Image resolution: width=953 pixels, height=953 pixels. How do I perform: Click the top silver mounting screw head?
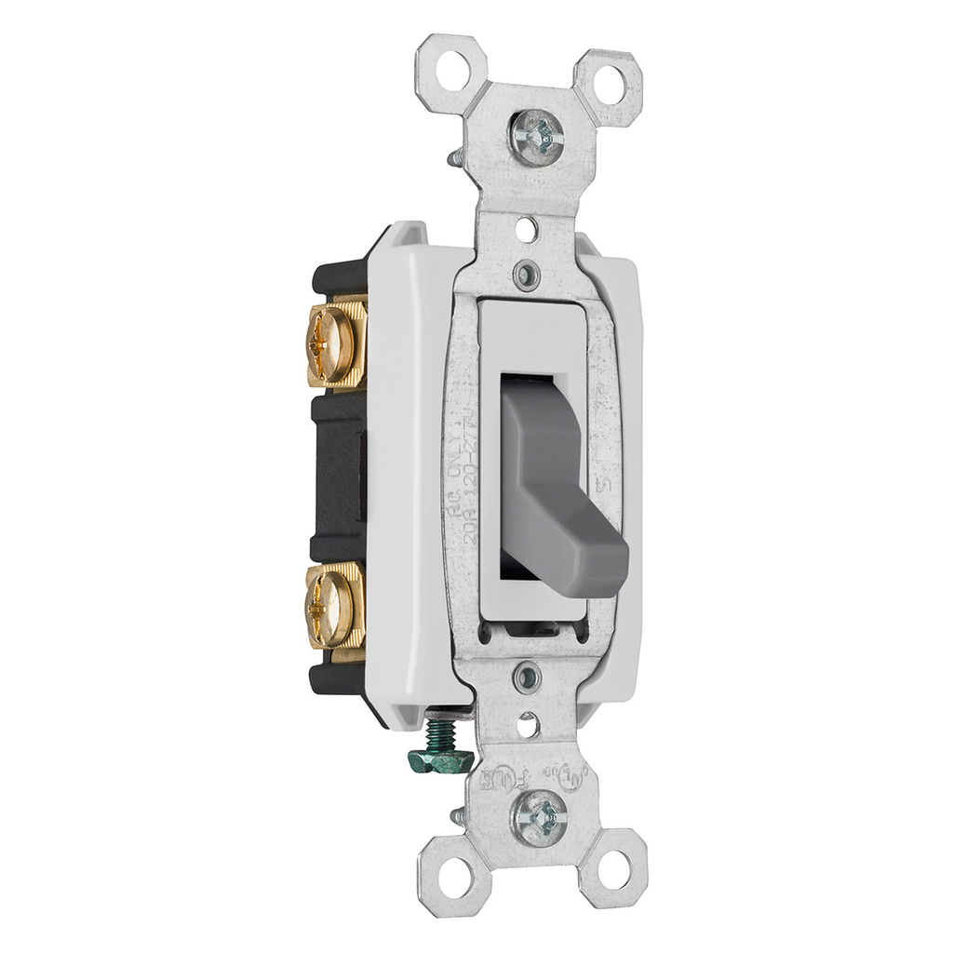click(539, 141)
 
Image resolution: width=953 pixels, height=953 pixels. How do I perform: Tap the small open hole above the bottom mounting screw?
click(530, 719)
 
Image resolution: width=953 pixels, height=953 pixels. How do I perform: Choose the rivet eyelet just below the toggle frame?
click(529, 672)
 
